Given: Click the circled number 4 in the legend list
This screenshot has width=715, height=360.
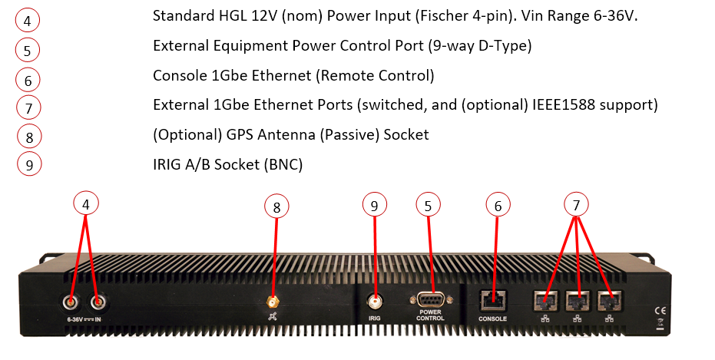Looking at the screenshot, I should [x=28, y=21].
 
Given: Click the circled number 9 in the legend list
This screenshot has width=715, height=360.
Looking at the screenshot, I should [x=28, y=163].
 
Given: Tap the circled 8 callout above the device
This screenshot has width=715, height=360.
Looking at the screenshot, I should [x=277, y=206].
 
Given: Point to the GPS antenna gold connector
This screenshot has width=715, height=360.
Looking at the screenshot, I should [x=272, y=302].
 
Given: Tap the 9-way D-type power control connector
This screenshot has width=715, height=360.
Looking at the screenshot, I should [x=429, y=301].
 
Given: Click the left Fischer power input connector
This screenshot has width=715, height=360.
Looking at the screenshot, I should [x=70, y=301].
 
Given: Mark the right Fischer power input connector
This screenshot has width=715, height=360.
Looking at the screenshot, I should [x=97, y=301].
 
